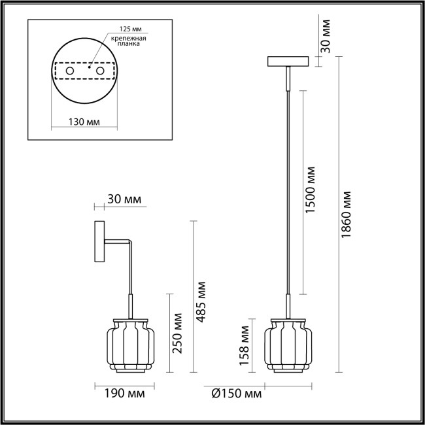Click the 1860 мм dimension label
click(x=347, y=215)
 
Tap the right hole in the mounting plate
click(x=100, y=69)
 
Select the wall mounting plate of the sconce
click(x=99, y=243)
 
